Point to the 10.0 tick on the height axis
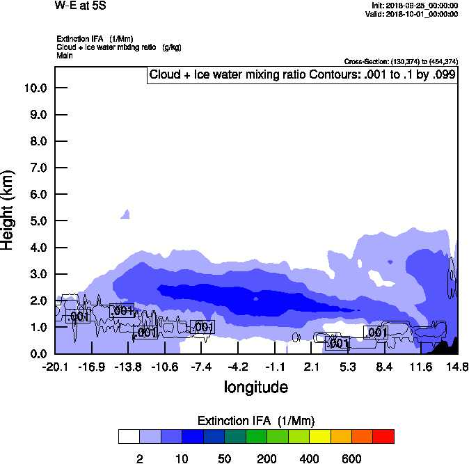(35, 88)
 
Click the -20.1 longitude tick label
(54, 367)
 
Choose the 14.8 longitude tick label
(457, 367)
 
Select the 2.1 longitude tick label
(312, 367)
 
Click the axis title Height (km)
(8, 209)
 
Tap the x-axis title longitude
(255, 387)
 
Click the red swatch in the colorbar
(383, 437)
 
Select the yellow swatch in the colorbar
(319, 437)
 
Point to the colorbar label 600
(351, 459)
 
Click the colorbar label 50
(224, 459)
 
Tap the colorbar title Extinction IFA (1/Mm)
(256, 421)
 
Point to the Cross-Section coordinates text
(401, 62)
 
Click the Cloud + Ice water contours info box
(302, 75)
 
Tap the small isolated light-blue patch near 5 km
(126, 214)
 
